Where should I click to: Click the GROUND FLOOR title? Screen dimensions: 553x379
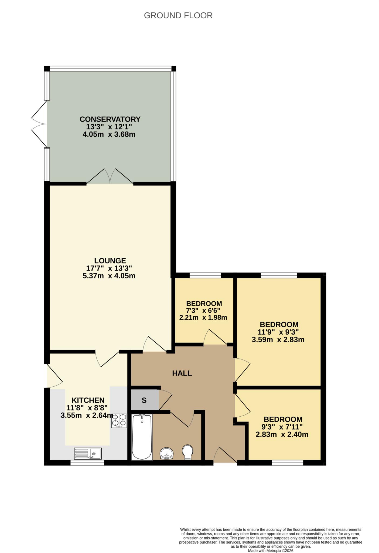pyautogui.click(x=178, y=16)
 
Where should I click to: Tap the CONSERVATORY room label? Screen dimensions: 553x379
pyautogui.click(x=110, y=119)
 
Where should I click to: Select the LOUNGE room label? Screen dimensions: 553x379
pyautogui.click(x=110, y=261)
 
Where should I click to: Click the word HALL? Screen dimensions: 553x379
pyautogui.click(x=182, y=373)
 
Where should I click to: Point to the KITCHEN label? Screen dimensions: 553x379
pyautogui.click(x=88, y=400)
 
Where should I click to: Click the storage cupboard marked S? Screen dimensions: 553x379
pyautogui.click(x=144, y=400)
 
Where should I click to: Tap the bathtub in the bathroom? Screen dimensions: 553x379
pyautogui.click(x=142, y=437)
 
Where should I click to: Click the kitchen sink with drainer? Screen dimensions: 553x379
pyautogui.click(x=88, y=454)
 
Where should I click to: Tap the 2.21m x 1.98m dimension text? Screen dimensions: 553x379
pyautogui.click(x=203, y=318)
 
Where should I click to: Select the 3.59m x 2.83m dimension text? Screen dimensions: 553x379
pyautogui.click(x=278, y=340)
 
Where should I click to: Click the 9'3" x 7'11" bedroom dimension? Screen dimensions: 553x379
pyautogui.click(x=283, y=427)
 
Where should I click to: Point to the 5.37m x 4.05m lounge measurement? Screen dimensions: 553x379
pyautogui.click(x=109, y=276)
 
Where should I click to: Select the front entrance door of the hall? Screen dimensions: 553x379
pyautogui.click(x=225, y=456)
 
